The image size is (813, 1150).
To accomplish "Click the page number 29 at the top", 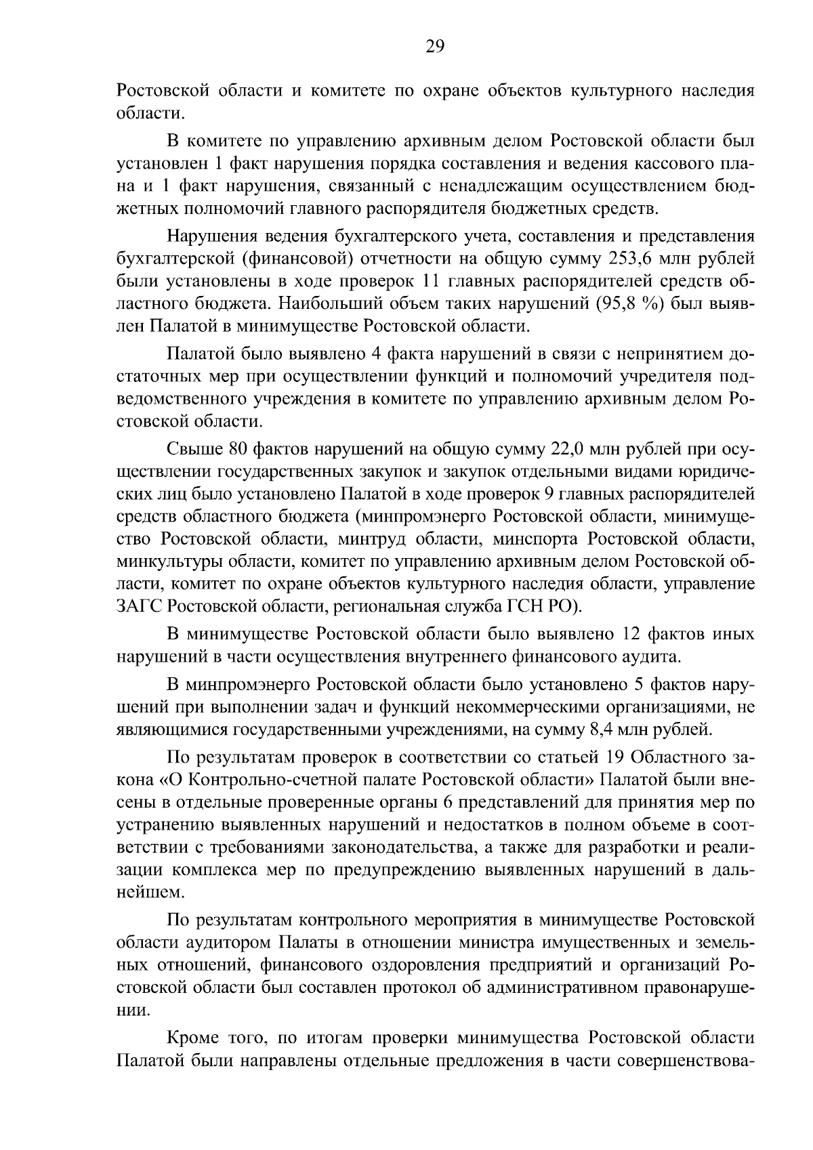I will point(434,46).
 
